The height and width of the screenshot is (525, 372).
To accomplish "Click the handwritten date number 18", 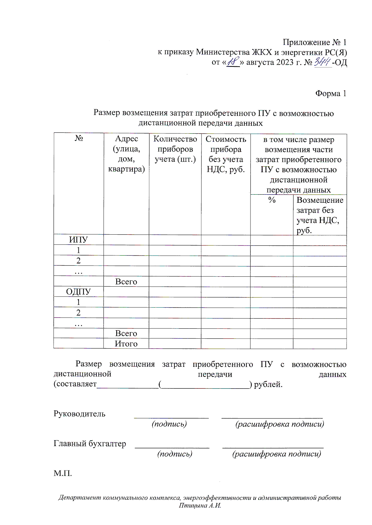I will [x=233, y=62].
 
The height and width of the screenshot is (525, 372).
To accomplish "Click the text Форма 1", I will [x=330, y=93].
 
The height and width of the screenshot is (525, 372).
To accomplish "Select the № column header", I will [x=79, y=138].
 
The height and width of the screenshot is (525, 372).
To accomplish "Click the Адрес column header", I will [x=126, y=154].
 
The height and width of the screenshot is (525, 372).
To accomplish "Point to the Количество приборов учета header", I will [x=175, y=149].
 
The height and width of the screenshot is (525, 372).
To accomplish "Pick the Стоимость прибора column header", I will [x=226, y=154].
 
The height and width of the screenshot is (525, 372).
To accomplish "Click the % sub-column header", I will [x=272, y=200].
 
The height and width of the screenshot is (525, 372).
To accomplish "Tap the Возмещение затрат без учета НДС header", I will [x=320, y=215].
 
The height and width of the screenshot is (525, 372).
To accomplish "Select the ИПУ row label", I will [x=78, y=240].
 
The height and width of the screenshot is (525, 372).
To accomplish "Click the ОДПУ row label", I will [x=78, y=292].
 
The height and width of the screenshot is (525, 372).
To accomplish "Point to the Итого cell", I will [x=126, y=344].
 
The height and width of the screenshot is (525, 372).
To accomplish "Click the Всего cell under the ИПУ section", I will [x=126, y=281].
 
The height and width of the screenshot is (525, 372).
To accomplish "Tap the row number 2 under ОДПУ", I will [x=78, y=313].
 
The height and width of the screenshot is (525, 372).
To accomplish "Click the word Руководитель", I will [x=79, y=414].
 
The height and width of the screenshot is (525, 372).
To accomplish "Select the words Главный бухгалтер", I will [x=90, y=444].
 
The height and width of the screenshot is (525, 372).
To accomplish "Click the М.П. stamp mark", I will [x=63, y=473].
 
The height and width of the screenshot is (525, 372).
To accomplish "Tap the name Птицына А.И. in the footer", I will [x=200, y=505].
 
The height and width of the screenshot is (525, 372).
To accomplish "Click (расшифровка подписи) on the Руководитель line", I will [x=280, y=424].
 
